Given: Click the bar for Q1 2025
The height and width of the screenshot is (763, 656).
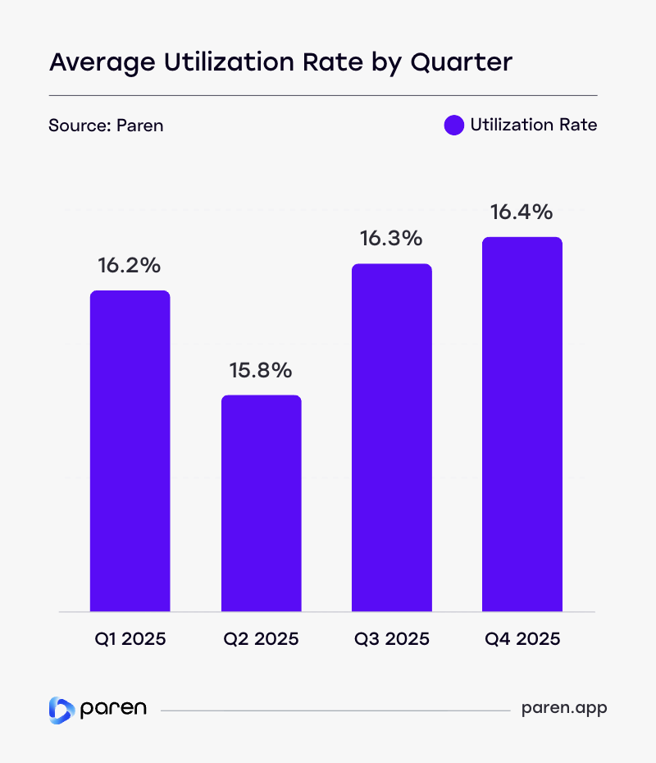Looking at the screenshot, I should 130,451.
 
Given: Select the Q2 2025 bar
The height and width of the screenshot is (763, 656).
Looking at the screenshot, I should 261,504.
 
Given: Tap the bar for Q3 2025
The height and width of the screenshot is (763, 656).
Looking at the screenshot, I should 392,438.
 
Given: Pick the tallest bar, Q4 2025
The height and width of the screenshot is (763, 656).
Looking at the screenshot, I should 522,425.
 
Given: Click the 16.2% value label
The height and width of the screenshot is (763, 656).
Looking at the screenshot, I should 130,266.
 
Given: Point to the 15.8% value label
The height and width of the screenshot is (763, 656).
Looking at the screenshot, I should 261,371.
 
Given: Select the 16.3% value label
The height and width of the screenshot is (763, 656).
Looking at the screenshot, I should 392,239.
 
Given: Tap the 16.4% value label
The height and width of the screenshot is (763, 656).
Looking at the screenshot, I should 522,212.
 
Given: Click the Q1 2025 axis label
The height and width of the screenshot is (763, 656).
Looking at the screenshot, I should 130,638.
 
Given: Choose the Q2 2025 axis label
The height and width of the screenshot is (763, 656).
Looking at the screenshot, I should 261,638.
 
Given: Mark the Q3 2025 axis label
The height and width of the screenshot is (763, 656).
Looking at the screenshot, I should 392,638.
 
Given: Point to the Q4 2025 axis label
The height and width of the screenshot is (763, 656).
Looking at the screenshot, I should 522,638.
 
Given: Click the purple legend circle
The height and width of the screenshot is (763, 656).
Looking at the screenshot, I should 454,126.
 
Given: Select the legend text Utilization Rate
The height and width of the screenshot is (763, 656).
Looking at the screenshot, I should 534,126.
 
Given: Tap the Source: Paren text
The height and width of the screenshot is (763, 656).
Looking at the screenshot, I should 106,126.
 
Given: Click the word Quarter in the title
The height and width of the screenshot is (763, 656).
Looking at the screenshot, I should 467,62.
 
